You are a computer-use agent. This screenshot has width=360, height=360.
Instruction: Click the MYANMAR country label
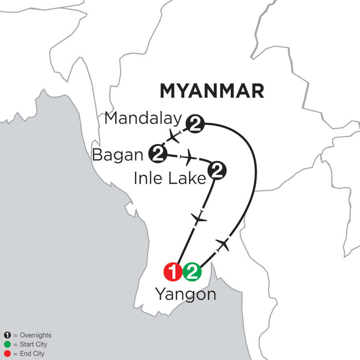click(x=212, y=91)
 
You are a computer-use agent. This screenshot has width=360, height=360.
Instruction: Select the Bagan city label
click(x=118, y=155)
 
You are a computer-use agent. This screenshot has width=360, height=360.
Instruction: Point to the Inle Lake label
click(x=170, y=178)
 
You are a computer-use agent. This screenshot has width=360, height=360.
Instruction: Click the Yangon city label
click(x=186, y=295)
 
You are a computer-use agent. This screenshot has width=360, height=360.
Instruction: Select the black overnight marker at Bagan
click(x=157, y=154)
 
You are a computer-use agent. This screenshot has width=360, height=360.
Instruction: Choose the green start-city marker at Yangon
click(x=192, y=273)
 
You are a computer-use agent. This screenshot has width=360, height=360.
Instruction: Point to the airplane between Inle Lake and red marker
click(x=199, y=218)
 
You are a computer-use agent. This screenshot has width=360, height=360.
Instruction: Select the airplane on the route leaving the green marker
click(x=222, y=244)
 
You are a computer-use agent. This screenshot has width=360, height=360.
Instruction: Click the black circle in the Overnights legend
click(x=7, y=335)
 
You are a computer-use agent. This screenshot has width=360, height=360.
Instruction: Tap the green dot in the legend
click(x=7, y=344)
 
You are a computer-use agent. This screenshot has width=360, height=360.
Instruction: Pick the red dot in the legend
click(x=7, y=354)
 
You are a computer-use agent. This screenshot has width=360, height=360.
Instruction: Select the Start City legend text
click(x=33, y=344)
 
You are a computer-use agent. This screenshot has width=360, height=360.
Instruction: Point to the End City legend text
click(x=32, y=354)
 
